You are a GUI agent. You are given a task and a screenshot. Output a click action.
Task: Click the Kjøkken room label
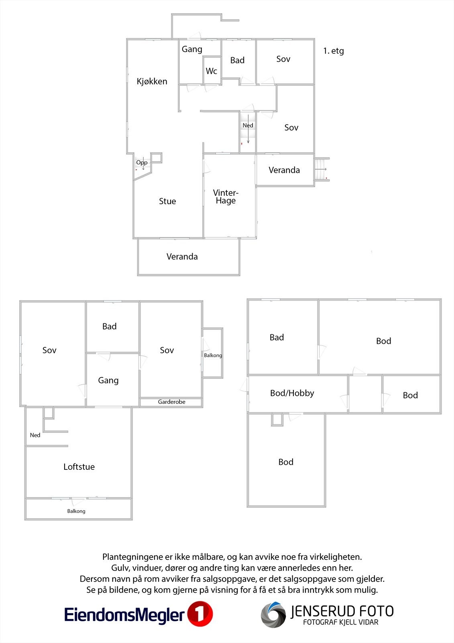(x=152, y=82)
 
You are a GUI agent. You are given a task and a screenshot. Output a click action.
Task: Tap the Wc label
(x=212, y=71)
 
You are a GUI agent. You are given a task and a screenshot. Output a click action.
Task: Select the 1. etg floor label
(x=333, y=51)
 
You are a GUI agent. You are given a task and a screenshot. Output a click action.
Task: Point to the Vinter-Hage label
(x=226, y=197)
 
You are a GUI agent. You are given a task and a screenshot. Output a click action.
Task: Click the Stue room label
(x=167, y=201)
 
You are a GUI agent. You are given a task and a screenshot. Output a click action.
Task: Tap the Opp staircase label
(x=142, y=162)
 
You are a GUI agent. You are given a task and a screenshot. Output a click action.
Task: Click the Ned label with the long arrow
(x=248, y=125)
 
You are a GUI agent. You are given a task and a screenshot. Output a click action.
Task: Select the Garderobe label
(x=171, y=402)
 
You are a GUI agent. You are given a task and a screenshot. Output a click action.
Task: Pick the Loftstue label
(x=79, y=467)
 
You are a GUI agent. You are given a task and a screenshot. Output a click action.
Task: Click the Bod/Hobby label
(x=292, y=393)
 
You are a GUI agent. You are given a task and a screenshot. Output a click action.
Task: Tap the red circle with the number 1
(x=200, y=614)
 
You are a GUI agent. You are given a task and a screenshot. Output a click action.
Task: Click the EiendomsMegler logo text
(x=124, y=615)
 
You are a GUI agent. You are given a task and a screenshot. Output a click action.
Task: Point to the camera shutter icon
(x=273, y=615)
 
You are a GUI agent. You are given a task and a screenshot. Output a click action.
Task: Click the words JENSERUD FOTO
(x=342, y=611)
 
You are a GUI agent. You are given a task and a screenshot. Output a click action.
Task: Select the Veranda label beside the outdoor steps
(x=284, y=170)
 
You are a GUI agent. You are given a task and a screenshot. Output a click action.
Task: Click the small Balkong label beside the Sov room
(x=213, y=355)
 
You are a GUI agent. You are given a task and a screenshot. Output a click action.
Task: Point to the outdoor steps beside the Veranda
(x=322, y=169)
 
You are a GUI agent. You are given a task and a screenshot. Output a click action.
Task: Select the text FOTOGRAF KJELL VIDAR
(x=341, y=623)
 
